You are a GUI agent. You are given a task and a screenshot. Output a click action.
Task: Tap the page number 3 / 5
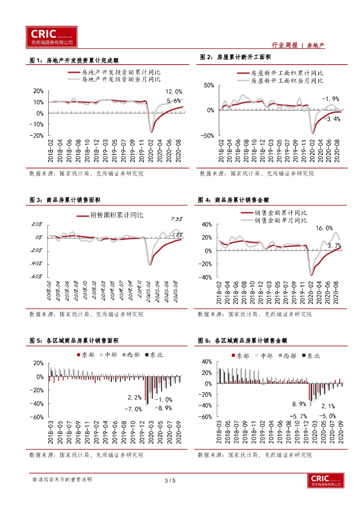[x=170, y=481]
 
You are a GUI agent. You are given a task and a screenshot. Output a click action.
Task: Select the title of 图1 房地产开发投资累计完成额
[x=74, y=61]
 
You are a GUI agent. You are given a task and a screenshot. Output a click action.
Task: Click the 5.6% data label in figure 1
[x=173, y=101]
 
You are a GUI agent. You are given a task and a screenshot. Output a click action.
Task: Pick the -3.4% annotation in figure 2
[x=332, y=119]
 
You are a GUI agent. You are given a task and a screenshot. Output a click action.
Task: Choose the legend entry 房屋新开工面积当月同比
[x=286, y=80]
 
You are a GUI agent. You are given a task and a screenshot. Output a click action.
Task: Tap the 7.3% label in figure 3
[x=177, y=219]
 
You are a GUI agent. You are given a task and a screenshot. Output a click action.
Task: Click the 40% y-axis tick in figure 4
[x=206, y=225]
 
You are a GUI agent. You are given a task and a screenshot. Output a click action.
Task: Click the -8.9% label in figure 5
[x=163, y=408]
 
